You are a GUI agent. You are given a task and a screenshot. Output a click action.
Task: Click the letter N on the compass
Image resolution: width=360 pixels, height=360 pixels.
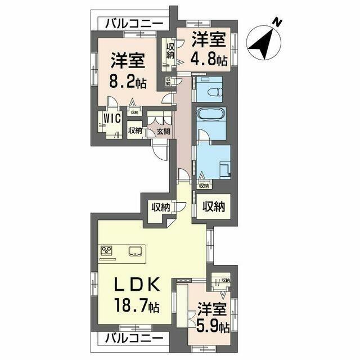(x=277, y=22)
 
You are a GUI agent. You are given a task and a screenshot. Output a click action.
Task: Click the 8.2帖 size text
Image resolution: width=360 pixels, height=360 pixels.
(x=129, y=82)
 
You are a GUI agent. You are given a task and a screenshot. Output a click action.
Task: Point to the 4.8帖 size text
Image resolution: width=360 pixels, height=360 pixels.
(x=209, y=57)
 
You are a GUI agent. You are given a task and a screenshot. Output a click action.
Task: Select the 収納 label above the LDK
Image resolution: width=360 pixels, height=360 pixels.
(x=160, y=207)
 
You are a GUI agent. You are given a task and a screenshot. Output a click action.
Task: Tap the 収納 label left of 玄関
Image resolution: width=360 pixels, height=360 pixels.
(x=134, y=131)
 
